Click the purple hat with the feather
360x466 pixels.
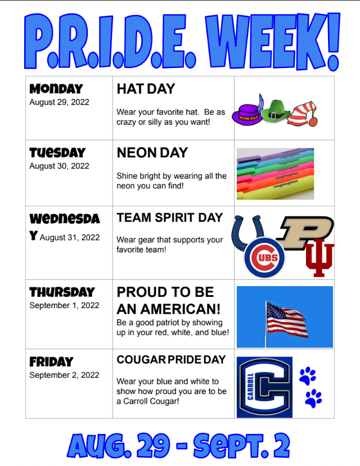tap(247, 113)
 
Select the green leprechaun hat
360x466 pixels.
tap(276, 111)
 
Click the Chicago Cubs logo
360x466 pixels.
tap(264, 257)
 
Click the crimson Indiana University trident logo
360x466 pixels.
tap(319, 257)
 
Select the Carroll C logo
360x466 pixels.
tap(264, 387)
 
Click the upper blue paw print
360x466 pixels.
tap(308, 376)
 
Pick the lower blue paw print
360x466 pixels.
tap(313, 398)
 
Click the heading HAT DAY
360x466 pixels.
tap(146, 89)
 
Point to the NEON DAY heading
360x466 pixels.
tap(152, 153)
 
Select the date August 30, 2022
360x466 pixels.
tap(60, 166)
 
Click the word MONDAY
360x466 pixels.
tap(56, 89)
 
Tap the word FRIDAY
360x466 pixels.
tap(51, 361)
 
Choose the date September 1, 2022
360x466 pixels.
tap(64, 305)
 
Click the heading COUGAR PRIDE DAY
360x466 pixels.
tap(171, 360)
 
